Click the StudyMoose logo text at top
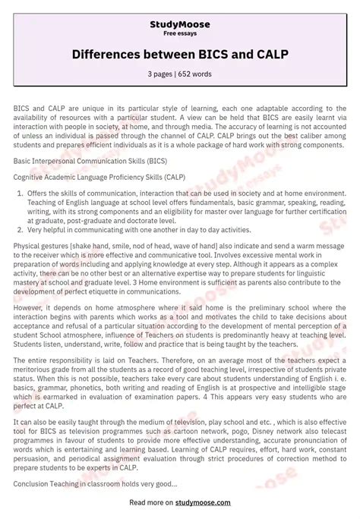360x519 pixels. click(180, 24)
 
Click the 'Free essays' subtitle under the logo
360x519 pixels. click(180, 34)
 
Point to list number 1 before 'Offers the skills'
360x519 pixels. click(19, 194)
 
